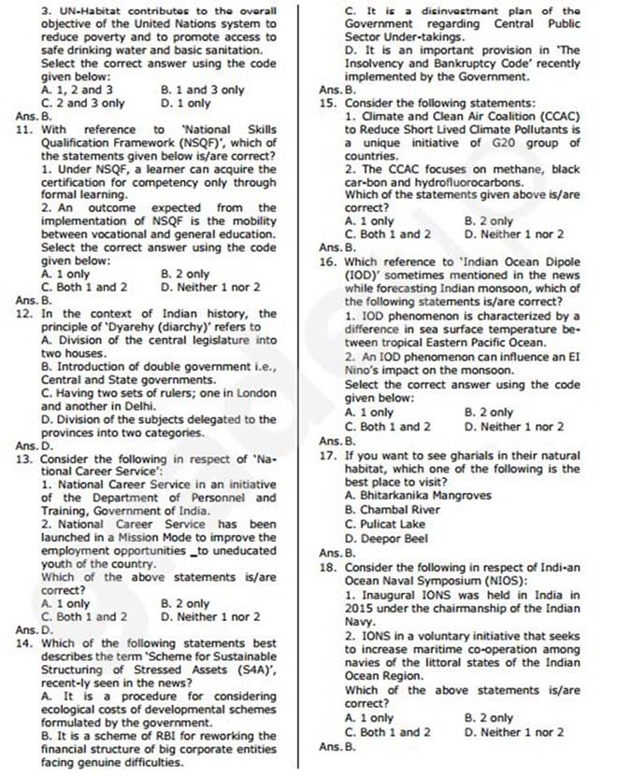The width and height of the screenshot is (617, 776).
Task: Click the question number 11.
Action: click(26, 130)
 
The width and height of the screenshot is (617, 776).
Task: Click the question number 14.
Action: click(26, 643)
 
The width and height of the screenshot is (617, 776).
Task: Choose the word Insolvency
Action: click(383, 63)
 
